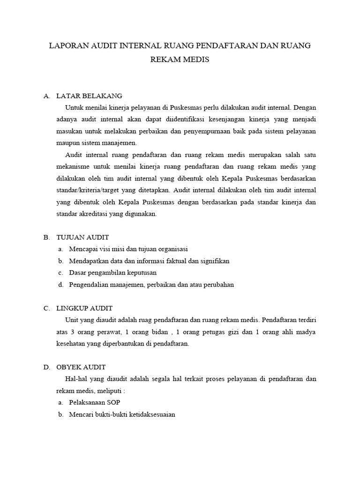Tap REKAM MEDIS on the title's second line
tap(180, 60)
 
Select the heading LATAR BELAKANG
tap(89, 96)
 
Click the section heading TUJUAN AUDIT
tap(82, 238)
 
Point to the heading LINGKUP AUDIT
tap(84, 308)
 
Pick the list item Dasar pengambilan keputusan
tap(113, 273)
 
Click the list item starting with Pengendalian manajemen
tap(151, 285)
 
